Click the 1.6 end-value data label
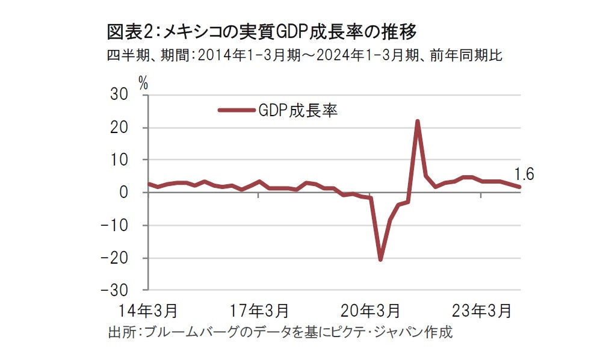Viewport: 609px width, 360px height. [524, 175]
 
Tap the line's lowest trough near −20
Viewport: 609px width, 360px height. [380, 259]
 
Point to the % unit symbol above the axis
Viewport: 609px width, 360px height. [143, 84]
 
